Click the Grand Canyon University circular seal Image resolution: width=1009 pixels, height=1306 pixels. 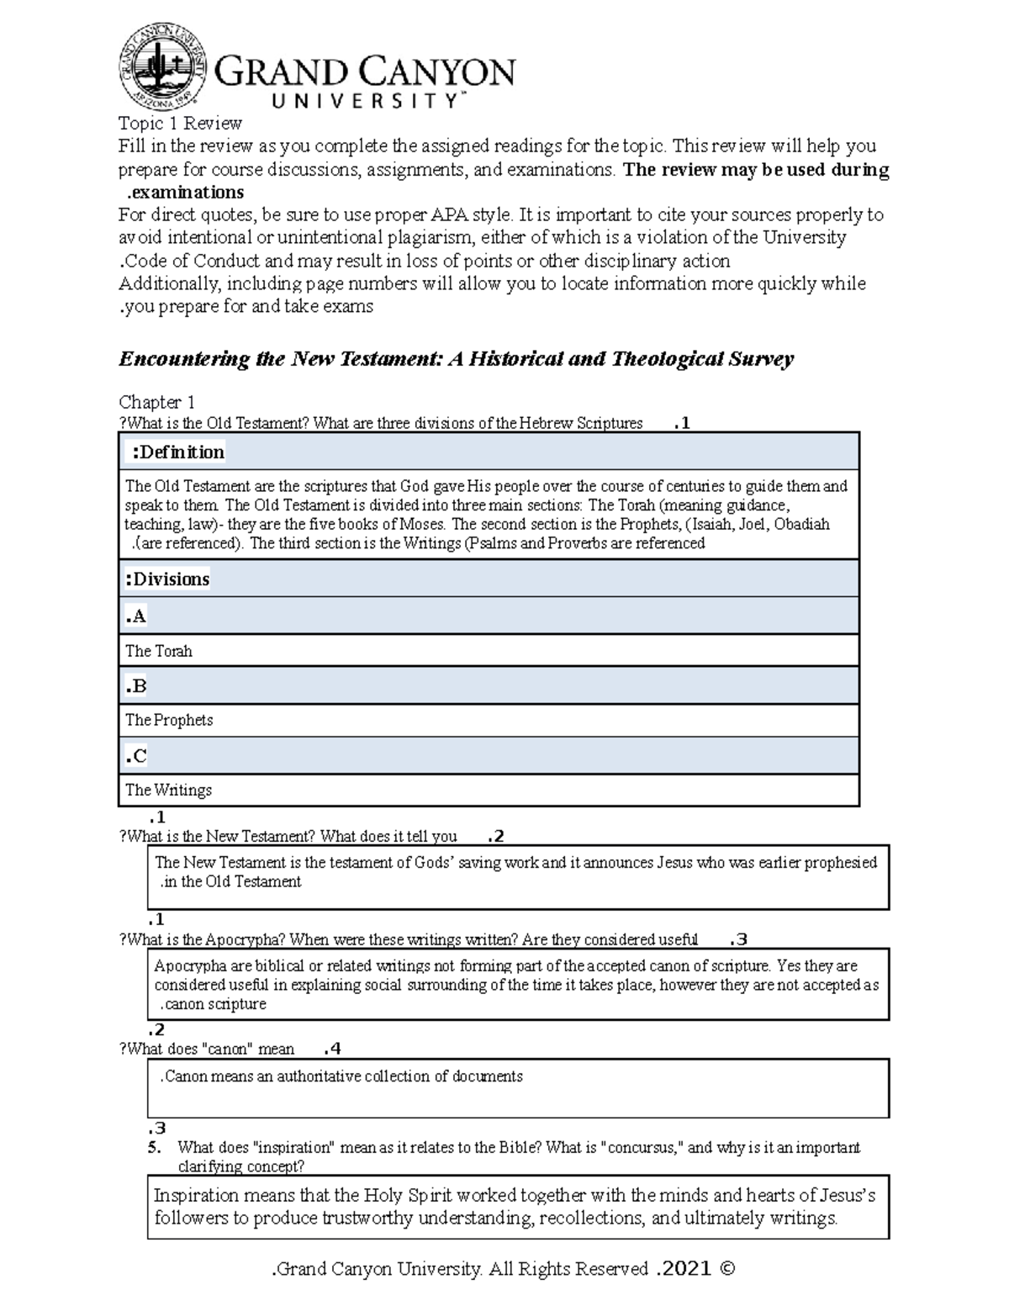163,66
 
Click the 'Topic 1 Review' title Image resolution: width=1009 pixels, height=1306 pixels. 180,124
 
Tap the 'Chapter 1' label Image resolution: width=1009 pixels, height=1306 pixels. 156,402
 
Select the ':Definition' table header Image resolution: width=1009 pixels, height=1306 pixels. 177,452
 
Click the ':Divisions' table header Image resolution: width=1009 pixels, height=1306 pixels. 167,579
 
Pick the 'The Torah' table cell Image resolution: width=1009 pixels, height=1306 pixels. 159,651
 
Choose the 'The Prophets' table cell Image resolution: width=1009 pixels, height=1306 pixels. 169,720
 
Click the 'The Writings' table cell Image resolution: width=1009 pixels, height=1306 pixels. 168,790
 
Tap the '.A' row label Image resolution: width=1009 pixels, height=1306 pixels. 136,616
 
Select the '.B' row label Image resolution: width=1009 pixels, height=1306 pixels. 136,686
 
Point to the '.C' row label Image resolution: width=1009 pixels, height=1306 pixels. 136,756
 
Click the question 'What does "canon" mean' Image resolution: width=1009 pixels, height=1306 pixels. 208,1049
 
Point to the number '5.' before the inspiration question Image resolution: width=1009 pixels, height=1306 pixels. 154,1147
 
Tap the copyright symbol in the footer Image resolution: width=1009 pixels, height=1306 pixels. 727,1268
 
